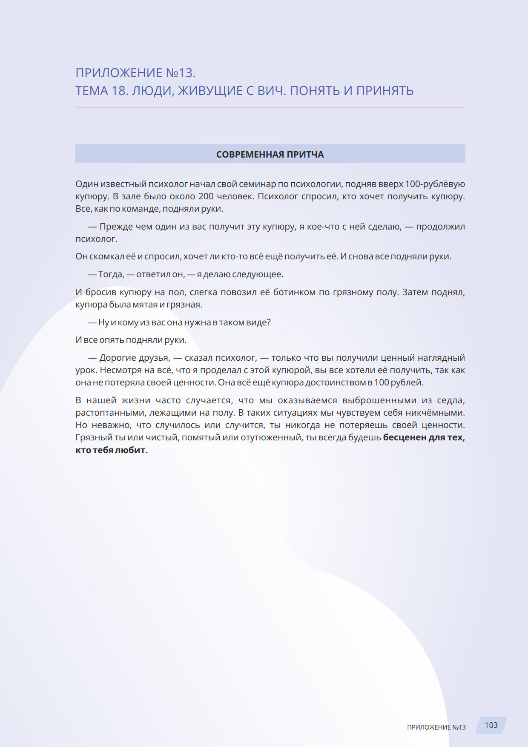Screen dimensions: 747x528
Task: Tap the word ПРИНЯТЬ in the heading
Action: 385,91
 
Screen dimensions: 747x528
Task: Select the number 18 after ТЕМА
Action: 119,91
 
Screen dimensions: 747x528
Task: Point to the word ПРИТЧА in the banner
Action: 305,155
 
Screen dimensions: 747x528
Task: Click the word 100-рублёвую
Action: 435,184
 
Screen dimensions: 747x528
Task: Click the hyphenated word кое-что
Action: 324,227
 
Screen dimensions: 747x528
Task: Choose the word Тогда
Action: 111,274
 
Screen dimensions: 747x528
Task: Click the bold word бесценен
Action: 405,437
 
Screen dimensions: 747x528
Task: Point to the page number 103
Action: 491,725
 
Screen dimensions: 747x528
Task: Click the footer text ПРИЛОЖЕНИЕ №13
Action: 436,727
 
